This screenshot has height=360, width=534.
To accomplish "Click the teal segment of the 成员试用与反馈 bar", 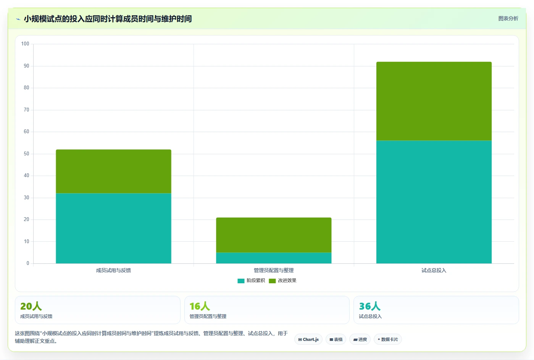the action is click(x=113, y=228).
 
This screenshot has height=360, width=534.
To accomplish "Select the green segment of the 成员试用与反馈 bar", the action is click(x=113, y=171).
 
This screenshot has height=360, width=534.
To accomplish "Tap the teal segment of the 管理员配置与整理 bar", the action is click(x=274, y=258).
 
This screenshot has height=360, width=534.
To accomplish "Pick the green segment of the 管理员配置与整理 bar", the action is click(x=274, y=235).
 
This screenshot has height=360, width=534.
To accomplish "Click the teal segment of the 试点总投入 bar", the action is click(x=434, y=202).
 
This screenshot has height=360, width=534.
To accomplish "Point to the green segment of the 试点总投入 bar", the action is click(x=434, y=101).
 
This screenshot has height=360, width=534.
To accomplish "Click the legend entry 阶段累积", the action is click(x=251, y=281).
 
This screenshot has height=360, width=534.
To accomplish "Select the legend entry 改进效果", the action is click(x=282, y=281).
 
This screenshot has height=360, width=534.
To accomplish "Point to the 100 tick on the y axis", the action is click(x=25, y=44).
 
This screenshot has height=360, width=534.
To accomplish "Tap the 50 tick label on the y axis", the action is click(x=26, y=153).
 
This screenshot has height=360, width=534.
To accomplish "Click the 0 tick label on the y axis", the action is click(x=28, y=263).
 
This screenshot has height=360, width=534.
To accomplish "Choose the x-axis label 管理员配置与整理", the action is click(x=274, y=270).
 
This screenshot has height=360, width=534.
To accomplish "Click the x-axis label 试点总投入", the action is click(x=434, y=270).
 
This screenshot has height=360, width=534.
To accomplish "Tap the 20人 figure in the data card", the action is click(x=31, y=306).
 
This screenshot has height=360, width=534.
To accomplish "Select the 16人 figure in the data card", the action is click(x=200, y=306).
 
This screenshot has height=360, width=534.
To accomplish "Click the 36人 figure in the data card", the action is click(x=370, y=306).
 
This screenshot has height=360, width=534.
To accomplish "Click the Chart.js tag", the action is click(x=308, y=339).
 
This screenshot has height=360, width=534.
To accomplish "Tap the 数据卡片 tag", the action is click(x=388, y=339).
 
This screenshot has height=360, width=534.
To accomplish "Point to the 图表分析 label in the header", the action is click(x=508, y=18).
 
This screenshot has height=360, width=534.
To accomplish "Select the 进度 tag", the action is click(x=360, y=339).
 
